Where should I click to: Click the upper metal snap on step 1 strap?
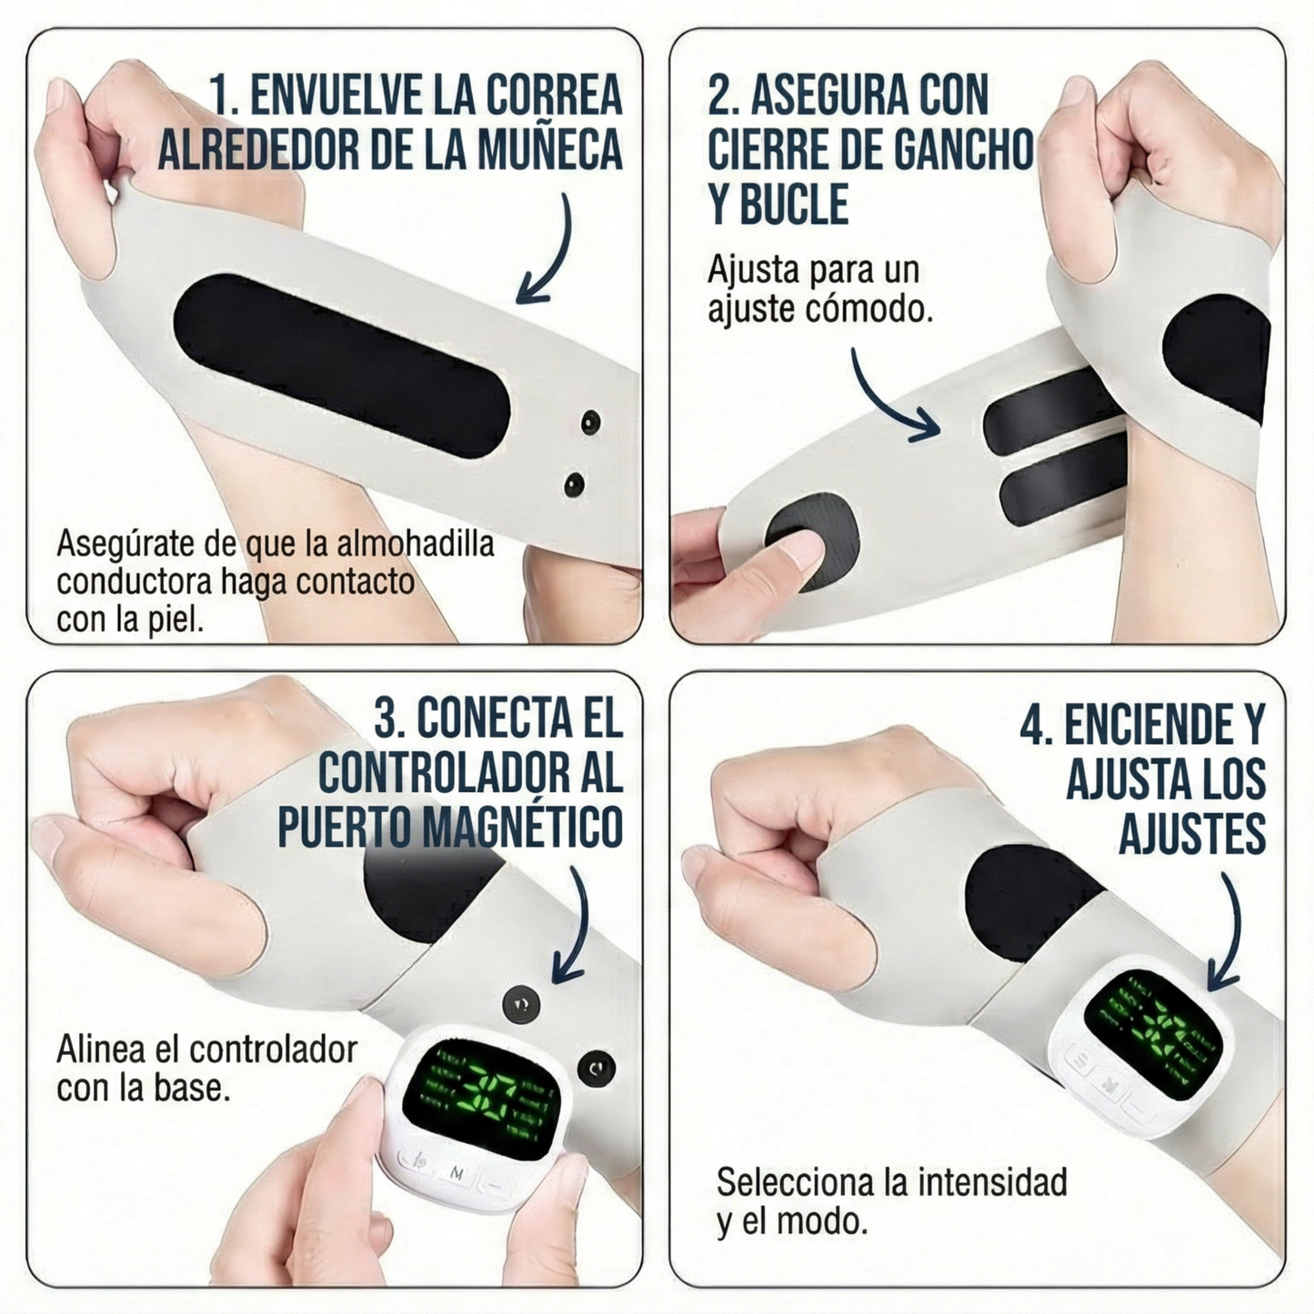click(x=591, y=422)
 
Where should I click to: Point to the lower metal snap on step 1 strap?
click(x=574, y=484)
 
